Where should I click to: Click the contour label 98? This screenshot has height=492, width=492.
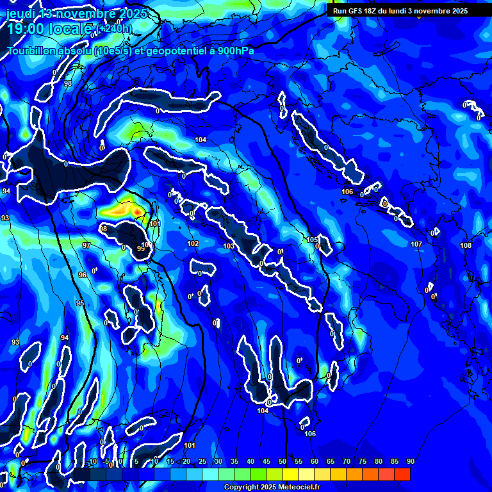tap(68, 83)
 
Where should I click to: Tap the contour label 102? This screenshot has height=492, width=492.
tap(193, 243)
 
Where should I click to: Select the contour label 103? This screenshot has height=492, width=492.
tap(229, 246)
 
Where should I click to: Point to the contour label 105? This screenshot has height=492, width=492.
tap(312, 240)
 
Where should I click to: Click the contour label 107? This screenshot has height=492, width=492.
tap(416, 244)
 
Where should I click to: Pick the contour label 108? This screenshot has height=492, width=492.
tap(466, 245)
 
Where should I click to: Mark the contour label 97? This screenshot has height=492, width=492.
tap(86, 245)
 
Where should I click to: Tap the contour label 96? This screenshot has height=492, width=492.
tap(83, 274)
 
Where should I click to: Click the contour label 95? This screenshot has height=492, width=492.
tap(79, 303)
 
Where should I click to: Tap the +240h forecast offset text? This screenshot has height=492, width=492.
tap(115, 29)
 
